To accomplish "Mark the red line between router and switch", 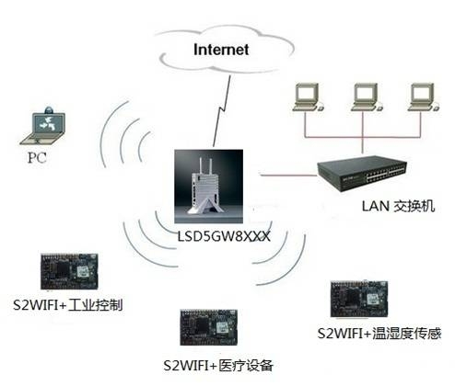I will [286, 174].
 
